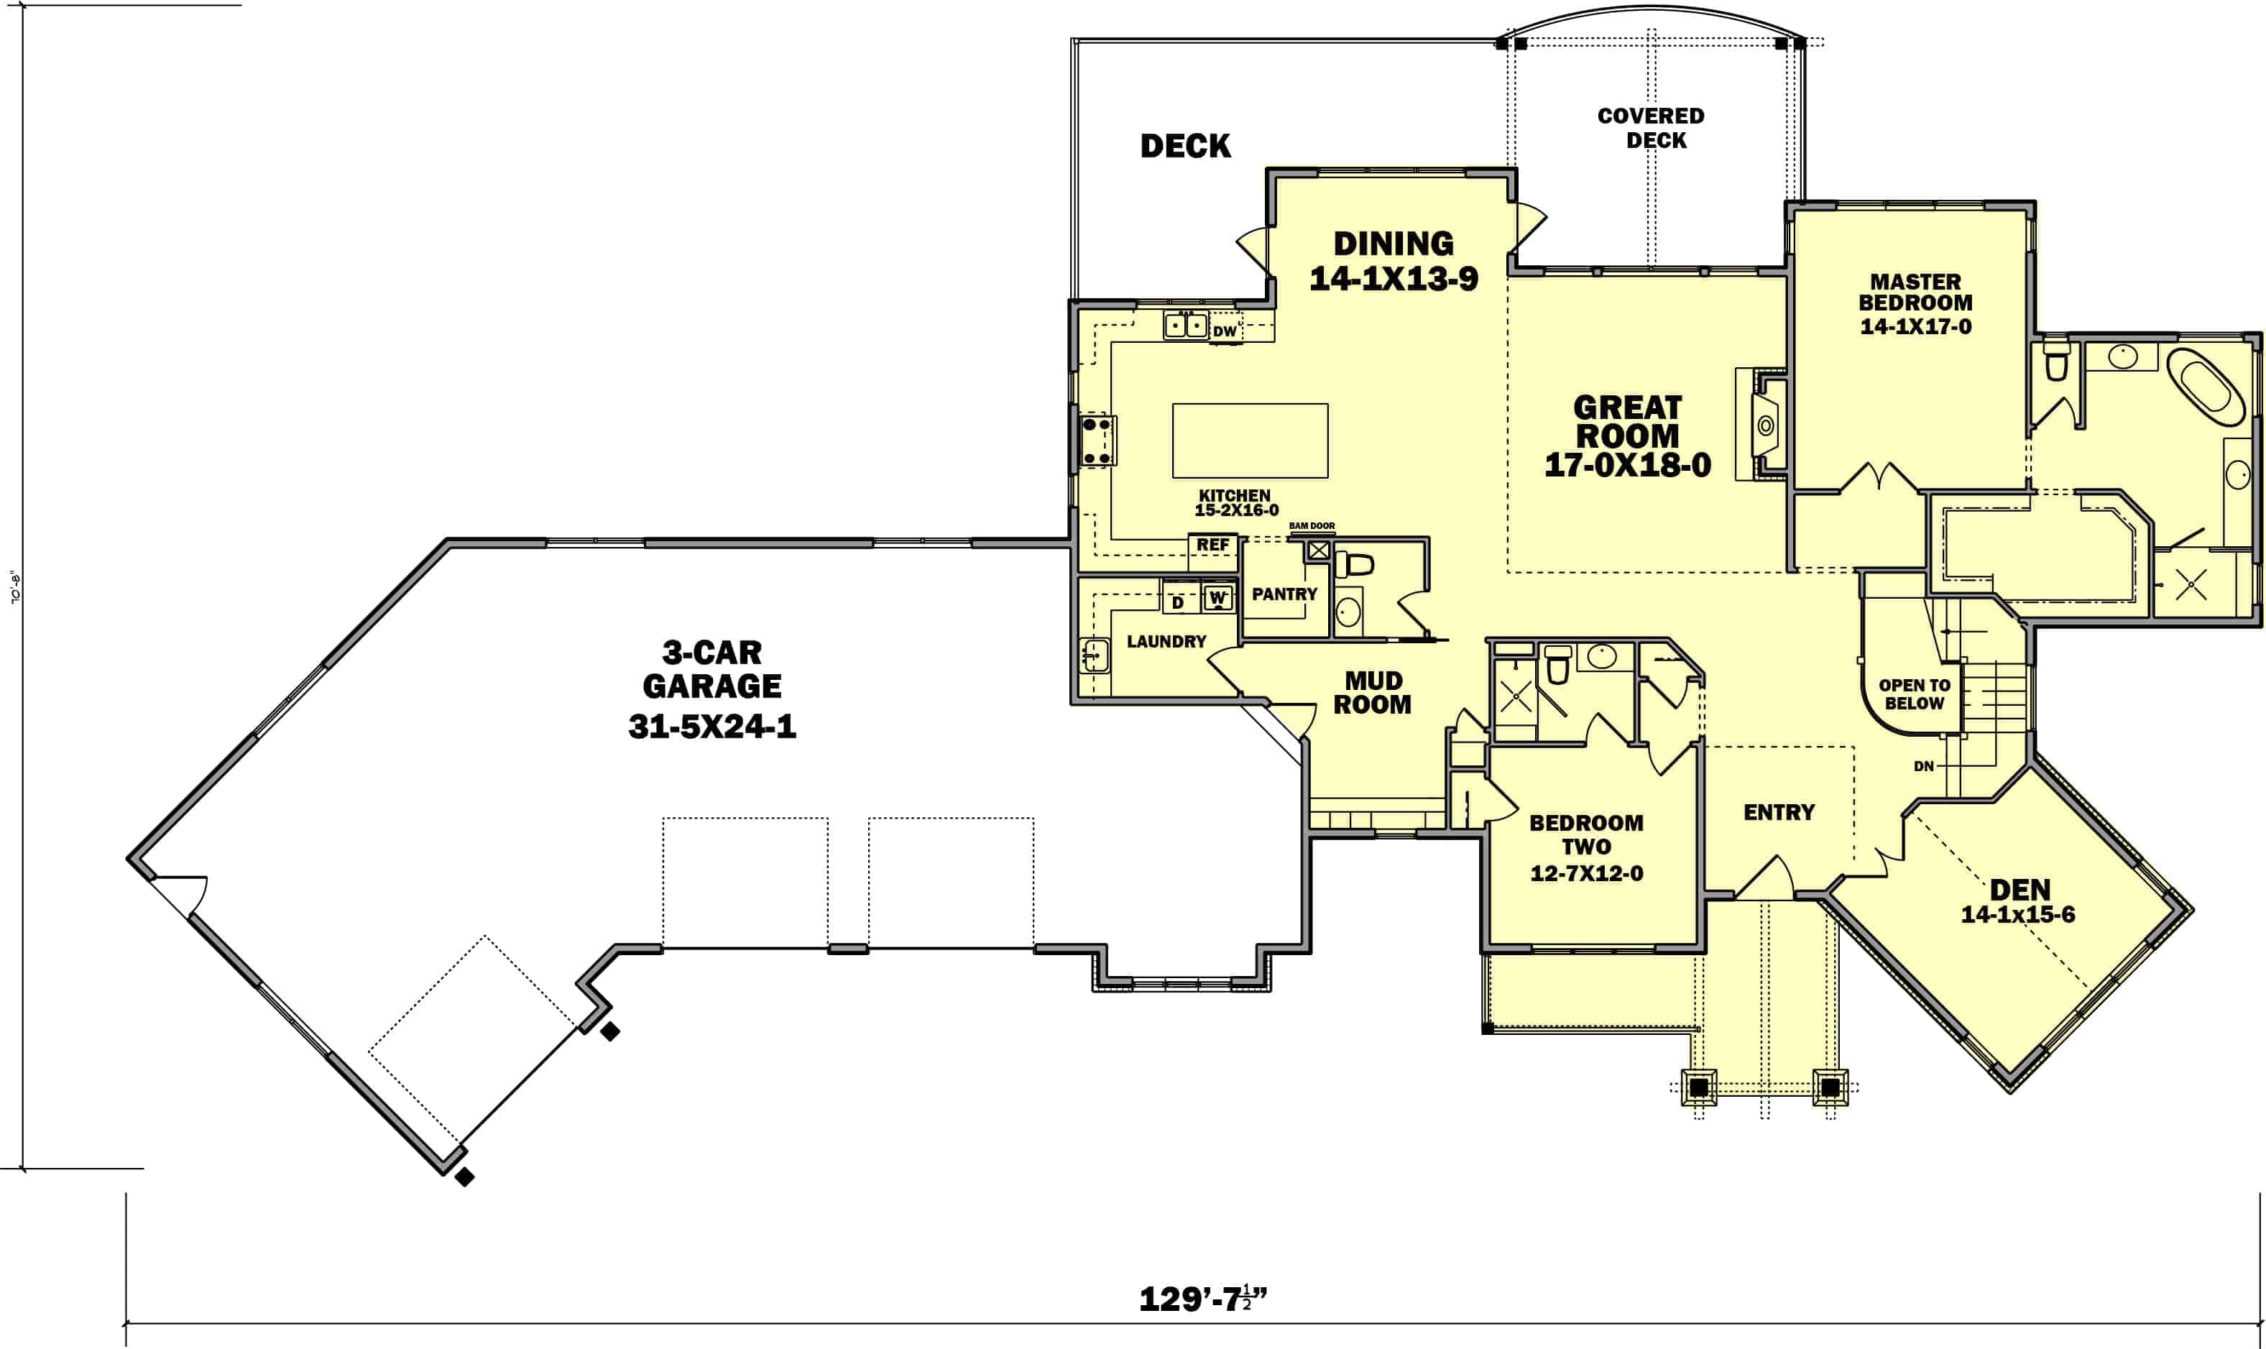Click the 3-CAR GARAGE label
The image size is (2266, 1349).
711,687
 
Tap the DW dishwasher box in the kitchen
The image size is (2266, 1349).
1225,331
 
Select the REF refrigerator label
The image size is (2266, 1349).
1212,545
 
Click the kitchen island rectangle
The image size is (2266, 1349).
1250,441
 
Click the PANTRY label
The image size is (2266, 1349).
1284,594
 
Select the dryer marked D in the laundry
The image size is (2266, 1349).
1177,602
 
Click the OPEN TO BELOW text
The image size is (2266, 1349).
1915,694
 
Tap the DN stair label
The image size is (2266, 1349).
1924,765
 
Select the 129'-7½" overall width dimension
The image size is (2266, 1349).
1202,1299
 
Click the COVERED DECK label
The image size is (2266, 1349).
1651,128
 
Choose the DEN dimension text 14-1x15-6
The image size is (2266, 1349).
2018,914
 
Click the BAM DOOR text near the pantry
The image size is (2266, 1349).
1312,525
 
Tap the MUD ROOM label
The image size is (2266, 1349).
1373,692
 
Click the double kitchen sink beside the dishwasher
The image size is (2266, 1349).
1185,325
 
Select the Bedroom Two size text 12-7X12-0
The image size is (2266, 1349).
1586,873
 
